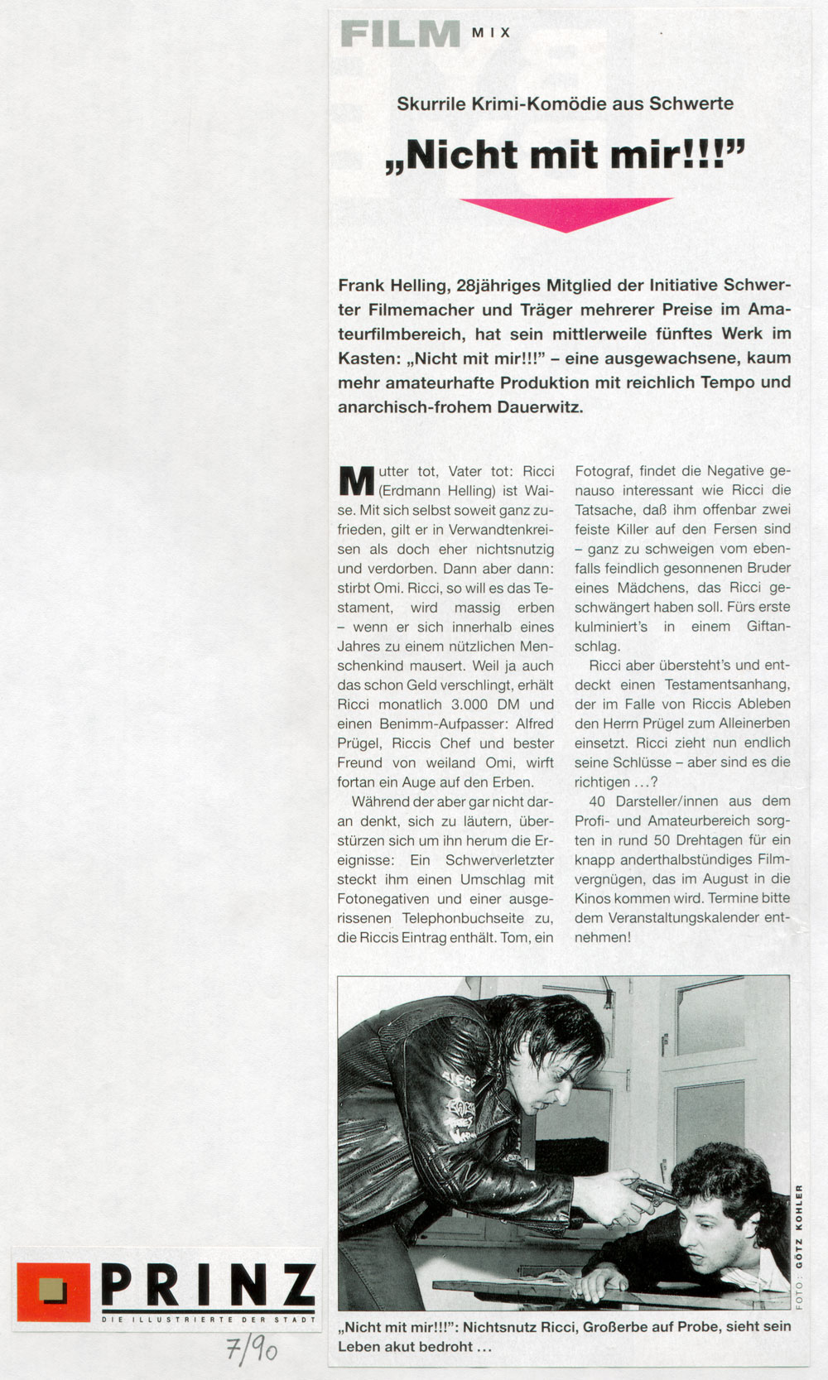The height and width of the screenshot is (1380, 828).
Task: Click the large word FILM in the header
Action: [400, 34]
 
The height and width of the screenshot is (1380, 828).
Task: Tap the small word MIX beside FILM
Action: [491, 32]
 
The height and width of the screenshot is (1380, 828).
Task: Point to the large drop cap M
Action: [356, 482]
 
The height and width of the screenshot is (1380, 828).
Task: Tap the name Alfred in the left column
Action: [533, 724]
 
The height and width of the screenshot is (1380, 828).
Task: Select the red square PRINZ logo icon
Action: [53, 1291]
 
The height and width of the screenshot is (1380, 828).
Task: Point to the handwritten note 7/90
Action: [252, 1351]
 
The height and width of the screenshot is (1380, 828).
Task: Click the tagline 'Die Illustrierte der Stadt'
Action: [208, 1320]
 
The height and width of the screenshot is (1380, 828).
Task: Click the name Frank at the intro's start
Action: [361, 286]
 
